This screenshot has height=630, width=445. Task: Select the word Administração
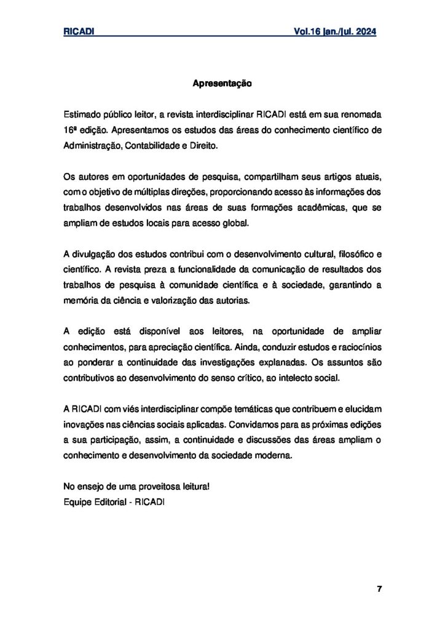click(93, 147)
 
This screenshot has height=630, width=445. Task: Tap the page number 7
click(379, 589)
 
